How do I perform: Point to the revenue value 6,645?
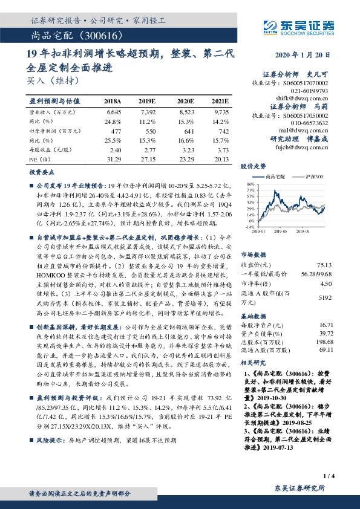tap(114, 112)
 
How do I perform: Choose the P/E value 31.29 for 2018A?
tap(113, 159)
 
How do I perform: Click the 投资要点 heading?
tap(41, 172)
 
